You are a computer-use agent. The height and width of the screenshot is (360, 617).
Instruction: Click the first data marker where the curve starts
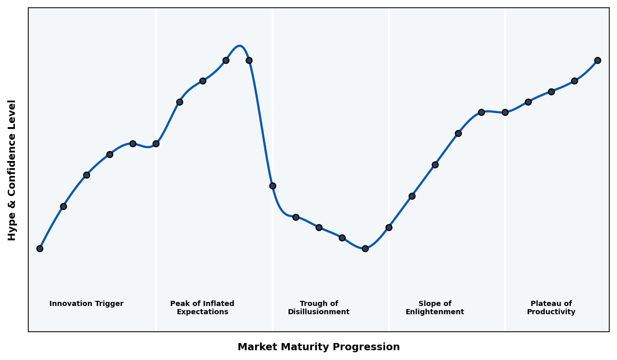click(40, 248)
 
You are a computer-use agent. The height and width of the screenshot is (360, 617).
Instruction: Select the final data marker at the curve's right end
click(597, 60)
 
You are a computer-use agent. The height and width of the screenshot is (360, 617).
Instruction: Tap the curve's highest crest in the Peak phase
click(240, 46)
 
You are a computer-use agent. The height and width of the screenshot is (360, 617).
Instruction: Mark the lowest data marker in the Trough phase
click(365, 248)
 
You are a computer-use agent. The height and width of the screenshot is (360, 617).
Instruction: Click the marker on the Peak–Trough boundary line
click(273, 186)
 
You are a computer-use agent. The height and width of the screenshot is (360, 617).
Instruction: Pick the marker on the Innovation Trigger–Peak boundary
click(156, 143)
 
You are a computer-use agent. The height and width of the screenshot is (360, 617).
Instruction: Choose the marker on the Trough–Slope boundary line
click(389, 227)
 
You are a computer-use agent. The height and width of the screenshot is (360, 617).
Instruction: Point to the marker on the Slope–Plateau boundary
click(505, 112)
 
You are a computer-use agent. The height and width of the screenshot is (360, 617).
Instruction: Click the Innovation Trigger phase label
click(86, 304)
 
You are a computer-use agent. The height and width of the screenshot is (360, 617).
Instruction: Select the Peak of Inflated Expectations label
click(202, 308)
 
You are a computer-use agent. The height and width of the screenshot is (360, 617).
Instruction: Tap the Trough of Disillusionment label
click(319, 308)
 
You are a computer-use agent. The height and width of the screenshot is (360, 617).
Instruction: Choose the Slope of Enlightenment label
click(435, 308)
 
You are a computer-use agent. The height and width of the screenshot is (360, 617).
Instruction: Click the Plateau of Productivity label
click(551, 308)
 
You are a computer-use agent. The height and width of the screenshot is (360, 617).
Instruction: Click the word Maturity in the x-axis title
click(306, 347)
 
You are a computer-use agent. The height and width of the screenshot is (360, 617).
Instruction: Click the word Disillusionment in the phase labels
click(319, 312)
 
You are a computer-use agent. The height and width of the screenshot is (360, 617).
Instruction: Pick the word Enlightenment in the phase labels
click(435, 312)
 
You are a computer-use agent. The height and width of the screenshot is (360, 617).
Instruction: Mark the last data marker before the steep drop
click(249, 60)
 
